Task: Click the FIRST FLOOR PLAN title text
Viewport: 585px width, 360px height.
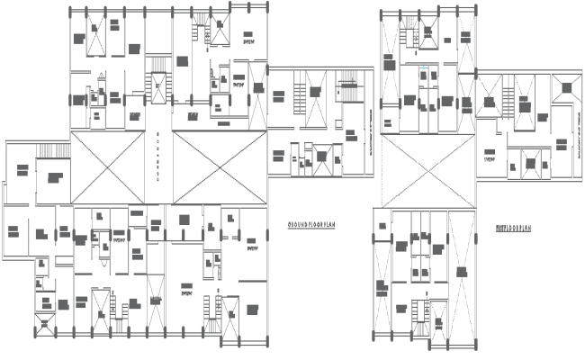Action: [513, 229]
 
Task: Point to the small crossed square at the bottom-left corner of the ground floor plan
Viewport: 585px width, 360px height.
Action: [43, 323]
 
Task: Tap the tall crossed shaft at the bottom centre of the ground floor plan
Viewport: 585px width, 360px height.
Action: [155, 306]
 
